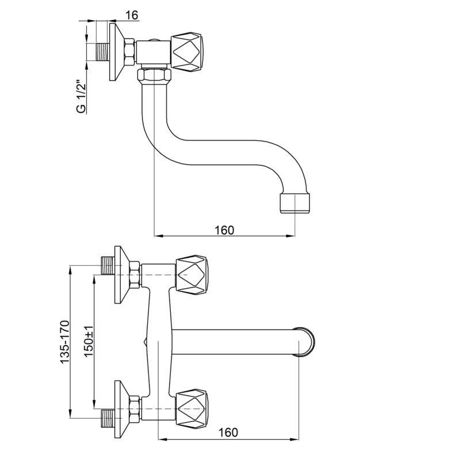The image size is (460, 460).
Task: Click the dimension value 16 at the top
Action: pos(132,15)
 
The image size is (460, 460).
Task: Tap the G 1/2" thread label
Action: pos(81,96)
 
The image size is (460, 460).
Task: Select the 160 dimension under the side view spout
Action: pos(224,231)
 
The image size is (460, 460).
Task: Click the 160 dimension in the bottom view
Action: pos(228,432)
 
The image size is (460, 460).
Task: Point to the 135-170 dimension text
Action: pos(65,342)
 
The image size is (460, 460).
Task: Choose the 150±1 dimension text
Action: pos(89,341)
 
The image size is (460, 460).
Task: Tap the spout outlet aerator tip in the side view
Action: pos(295,203)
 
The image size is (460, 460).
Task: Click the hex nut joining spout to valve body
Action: pos(154,76)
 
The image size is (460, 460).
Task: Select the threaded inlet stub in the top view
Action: pos(103,52)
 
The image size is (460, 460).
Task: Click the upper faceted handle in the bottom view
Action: pos(192,275)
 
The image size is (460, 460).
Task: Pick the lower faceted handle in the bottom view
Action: pos(192,409)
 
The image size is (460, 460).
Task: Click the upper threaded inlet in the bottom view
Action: pos(108,265)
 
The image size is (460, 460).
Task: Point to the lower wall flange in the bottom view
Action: pos(122,409)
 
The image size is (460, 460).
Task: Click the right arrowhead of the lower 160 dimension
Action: pos(295,439)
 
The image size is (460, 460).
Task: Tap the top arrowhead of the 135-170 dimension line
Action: pos(70,269)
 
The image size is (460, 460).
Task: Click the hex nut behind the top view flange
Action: pos(130,52)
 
